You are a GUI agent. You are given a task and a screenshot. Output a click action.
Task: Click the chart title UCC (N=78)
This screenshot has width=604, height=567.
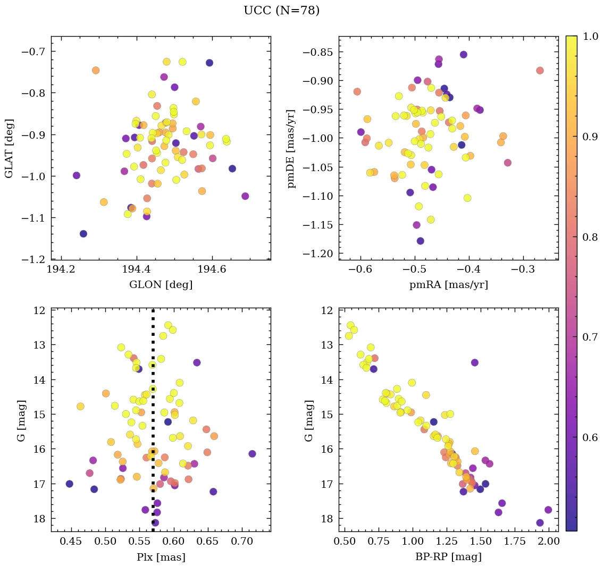click(281, 11)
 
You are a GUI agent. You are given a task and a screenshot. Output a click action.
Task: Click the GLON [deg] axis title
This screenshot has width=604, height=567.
click(161, 285)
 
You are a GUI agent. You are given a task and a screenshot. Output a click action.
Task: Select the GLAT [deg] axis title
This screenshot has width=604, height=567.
click(9, 148)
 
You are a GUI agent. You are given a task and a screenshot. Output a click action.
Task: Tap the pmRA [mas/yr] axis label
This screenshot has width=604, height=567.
click(448, 285)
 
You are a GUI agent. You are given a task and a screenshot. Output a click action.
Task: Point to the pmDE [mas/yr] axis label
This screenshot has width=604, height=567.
click(291, 148)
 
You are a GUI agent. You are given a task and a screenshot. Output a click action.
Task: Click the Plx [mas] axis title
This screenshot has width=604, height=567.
click(161, 557)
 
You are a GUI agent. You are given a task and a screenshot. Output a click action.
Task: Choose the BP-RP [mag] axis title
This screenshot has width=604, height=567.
click(448, 557)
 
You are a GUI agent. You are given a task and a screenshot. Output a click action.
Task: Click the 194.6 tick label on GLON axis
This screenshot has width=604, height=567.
click(212, 269)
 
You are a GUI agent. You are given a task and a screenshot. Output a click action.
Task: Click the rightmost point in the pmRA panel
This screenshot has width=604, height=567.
click(540, 71)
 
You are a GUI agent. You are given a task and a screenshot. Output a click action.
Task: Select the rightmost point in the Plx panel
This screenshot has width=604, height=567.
click(252, 453)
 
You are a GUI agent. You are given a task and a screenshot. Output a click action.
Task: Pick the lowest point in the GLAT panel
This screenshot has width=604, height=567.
click(83, 234)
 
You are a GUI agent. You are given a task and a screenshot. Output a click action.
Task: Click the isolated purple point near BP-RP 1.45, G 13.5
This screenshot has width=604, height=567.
click(474, 362)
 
